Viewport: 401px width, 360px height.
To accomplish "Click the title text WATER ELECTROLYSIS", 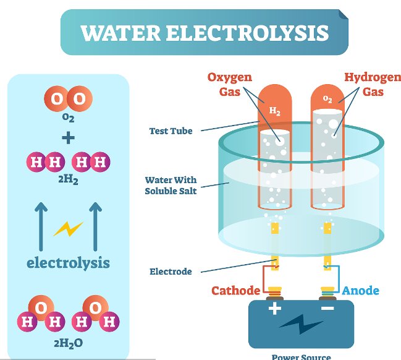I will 205,32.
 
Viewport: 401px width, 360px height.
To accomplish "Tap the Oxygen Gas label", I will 229,85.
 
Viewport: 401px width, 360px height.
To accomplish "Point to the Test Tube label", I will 171,131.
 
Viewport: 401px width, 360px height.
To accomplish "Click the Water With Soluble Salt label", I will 171,186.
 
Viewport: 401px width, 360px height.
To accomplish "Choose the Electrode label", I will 171,272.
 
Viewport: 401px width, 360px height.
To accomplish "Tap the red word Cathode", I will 235,291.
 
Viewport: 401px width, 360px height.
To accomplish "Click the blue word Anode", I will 361,291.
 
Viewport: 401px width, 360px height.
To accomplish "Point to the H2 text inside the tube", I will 274,111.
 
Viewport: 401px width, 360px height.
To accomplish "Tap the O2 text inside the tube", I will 327,99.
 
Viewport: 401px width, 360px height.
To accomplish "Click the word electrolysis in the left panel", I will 68,262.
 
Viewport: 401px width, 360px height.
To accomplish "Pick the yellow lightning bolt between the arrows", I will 68,229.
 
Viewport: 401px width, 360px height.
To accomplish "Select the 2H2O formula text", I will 68,342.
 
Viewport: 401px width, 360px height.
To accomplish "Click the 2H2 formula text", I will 68,181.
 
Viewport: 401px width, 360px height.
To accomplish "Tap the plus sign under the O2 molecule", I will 68,137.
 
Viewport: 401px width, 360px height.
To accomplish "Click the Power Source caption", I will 301,356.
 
